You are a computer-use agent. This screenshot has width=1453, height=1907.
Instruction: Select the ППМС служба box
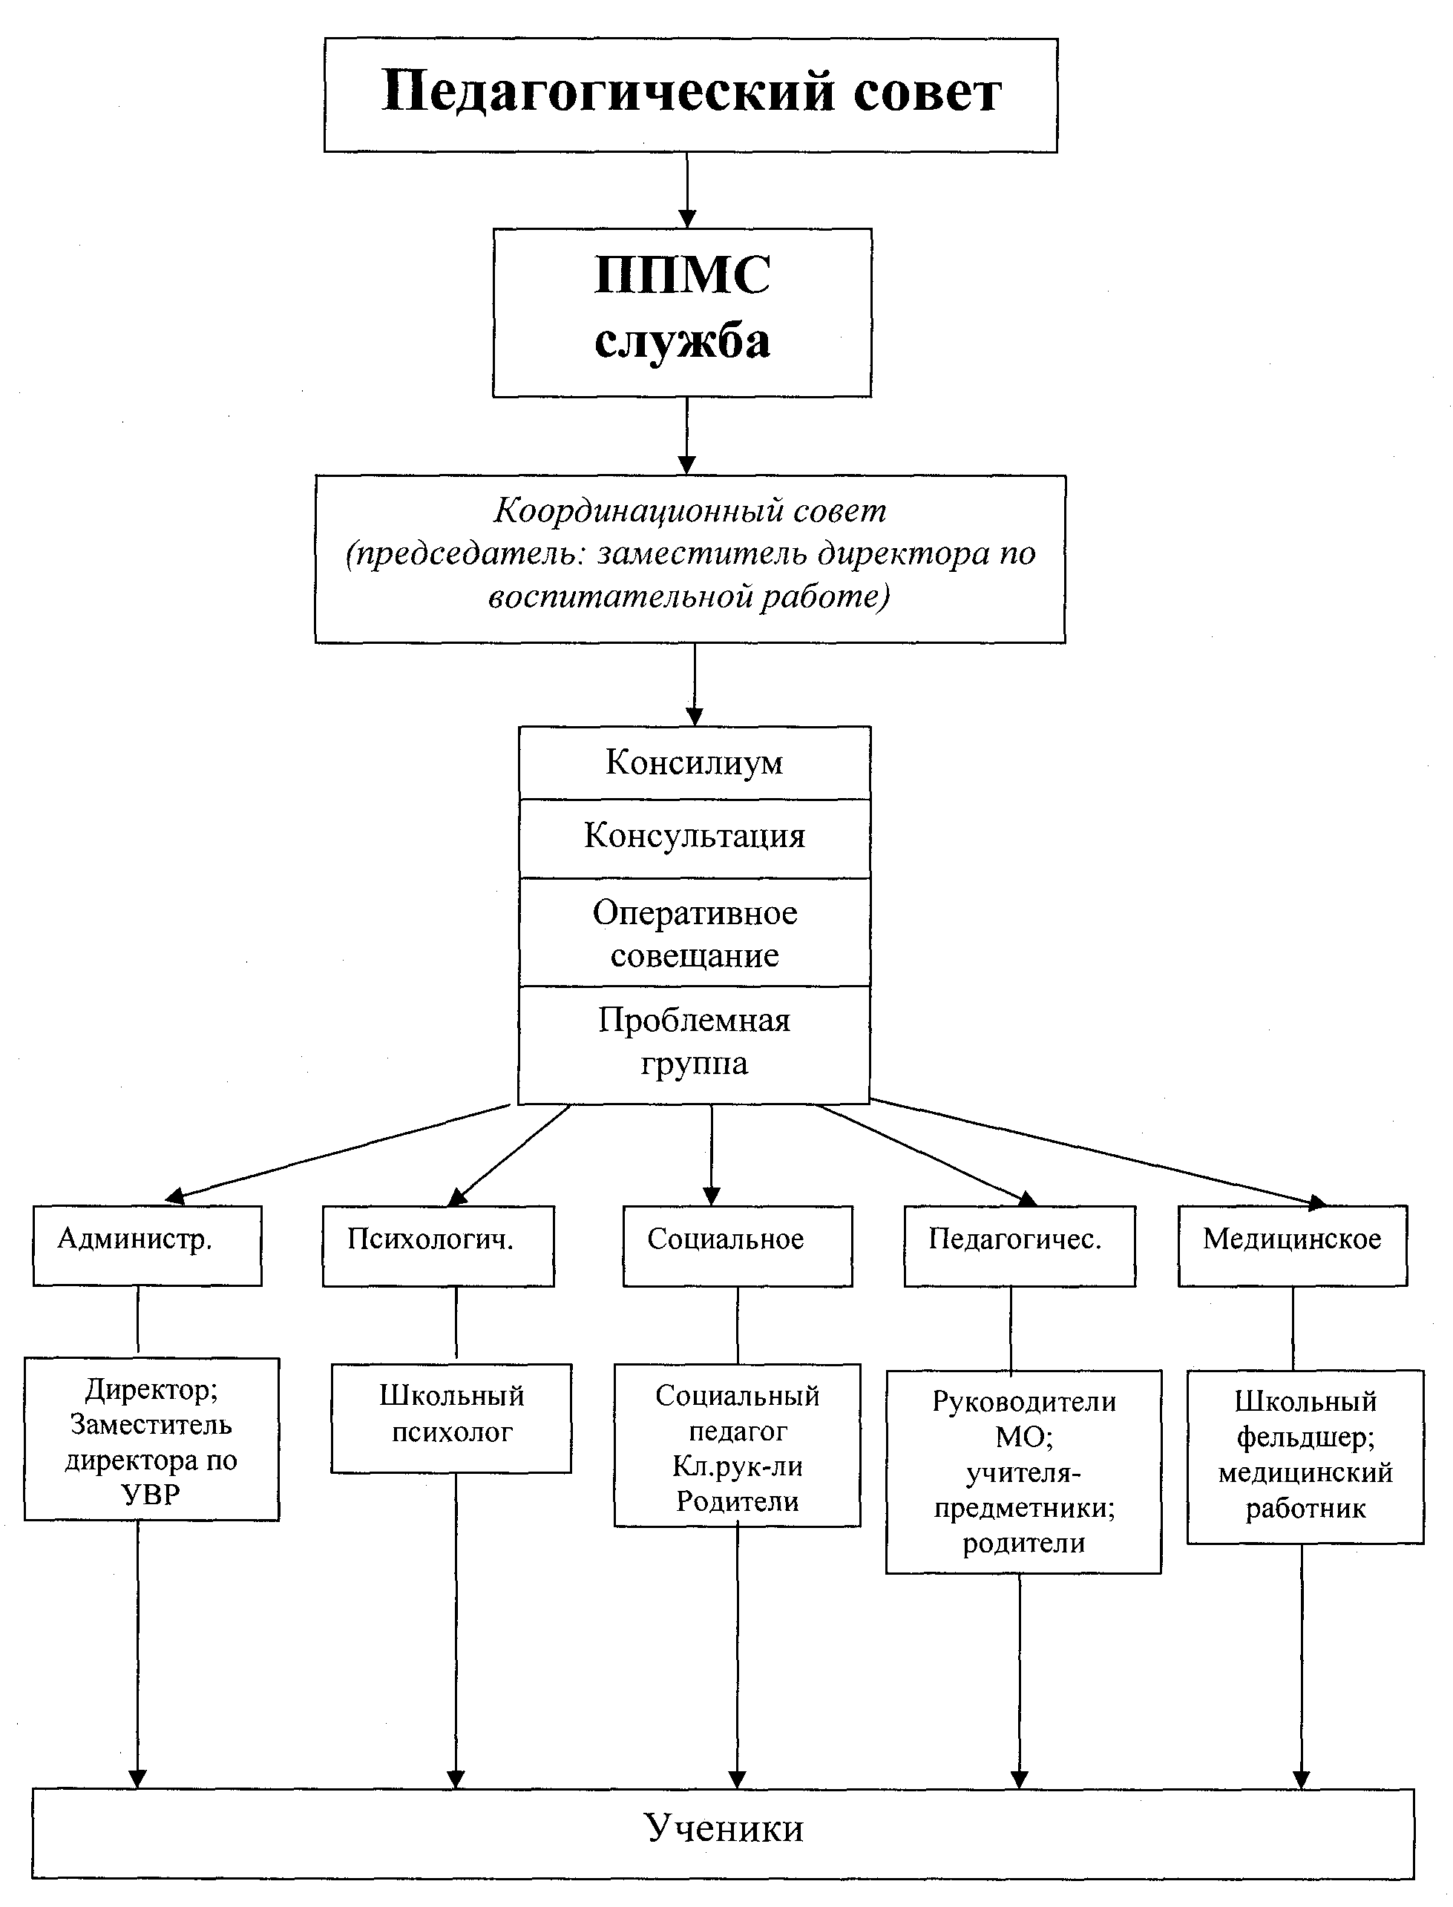coord(681,312)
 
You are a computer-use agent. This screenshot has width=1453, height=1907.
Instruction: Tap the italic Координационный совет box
coord(690,559)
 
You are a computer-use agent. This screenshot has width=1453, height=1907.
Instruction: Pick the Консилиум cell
coord(695,763)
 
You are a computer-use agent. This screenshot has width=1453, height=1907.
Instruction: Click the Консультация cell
coord(695,837)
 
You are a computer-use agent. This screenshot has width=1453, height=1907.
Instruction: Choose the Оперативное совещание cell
coord(695,932)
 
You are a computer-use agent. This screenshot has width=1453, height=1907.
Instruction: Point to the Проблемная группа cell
coord(695,1044)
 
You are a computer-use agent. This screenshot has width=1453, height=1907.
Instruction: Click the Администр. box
coord(147,1245)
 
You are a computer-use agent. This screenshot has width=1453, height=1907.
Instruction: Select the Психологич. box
coord(439,1245)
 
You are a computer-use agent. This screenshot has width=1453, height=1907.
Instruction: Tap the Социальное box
coord(738,1245)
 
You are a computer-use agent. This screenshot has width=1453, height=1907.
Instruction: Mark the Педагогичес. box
coord(1020,1245)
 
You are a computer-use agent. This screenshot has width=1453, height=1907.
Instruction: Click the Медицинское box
coord(1292,1245)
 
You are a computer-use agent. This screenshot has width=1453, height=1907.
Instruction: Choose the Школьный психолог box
coord(451,1417)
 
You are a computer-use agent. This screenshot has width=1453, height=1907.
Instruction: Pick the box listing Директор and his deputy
coord(151,1439)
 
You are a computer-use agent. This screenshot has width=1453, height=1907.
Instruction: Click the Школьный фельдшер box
coord(1305,1457)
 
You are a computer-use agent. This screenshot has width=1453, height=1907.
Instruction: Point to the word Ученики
coord(725,1828)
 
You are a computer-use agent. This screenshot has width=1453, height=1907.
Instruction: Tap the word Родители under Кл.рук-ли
coord(738,1501)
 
